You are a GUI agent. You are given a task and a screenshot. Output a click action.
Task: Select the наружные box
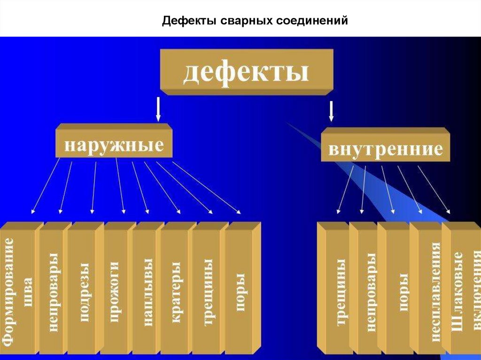[114, 144]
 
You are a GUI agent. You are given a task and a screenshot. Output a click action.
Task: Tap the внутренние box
[385, 148]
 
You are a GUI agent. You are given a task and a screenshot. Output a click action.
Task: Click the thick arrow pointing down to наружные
[158, 109]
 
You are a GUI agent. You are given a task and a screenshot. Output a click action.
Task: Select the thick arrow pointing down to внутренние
[331, 111]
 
